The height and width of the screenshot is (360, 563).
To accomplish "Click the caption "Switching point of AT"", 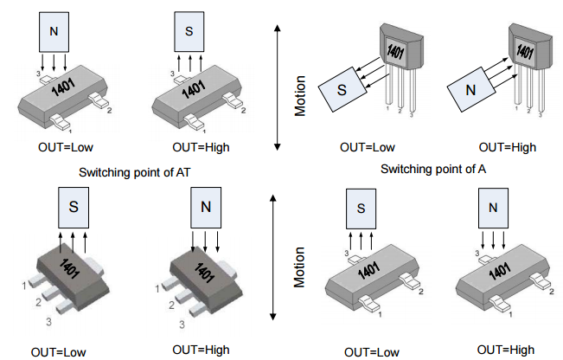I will (x=134, y=172).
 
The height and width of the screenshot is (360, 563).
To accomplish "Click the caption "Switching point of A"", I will (x=433, y=168).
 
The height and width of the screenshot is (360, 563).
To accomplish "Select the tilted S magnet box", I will (x=341, y=90).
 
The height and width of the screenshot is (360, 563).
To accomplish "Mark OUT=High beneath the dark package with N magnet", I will (x=201, y=350).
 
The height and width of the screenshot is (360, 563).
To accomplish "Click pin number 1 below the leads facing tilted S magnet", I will (x=386, y=109).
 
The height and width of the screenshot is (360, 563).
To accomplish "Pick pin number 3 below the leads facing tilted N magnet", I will (x=541, y=112).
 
